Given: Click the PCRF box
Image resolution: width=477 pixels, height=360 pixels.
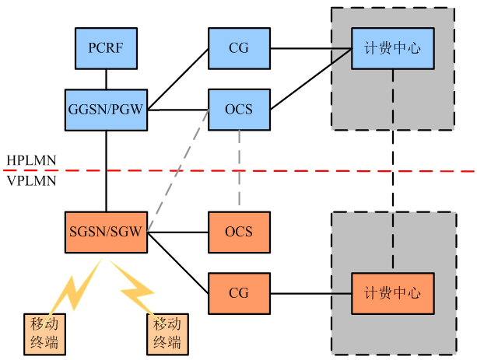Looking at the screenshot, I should (106, 48).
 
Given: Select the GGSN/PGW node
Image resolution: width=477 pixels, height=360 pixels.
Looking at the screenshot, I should (106, 108).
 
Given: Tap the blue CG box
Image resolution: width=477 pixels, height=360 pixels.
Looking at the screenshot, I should (239, 48).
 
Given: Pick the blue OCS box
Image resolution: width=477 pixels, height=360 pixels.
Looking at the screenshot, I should (239, 108).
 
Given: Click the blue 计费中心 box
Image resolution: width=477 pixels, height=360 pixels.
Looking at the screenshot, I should (392, 48).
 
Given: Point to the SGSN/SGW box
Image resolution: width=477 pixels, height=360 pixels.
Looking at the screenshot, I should (106, 232).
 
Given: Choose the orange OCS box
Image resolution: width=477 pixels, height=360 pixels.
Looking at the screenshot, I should (239, 232).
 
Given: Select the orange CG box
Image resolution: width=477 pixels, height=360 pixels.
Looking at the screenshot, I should (239, 293).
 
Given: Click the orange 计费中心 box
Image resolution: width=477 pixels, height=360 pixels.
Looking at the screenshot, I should (392, 293).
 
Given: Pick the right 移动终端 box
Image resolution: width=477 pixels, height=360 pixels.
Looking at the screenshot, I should (167, 333).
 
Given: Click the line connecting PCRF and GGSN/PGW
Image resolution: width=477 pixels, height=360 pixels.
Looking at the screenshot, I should (106, 78).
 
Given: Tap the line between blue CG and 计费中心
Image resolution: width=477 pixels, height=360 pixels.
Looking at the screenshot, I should (310, 48).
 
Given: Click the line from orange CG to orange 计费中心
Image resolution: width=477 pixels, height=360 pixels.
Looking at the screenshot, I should (310, 293).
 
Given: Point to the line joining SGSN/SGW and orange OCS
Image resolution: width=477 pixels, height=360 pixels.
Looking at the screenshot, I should (177, 232).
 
